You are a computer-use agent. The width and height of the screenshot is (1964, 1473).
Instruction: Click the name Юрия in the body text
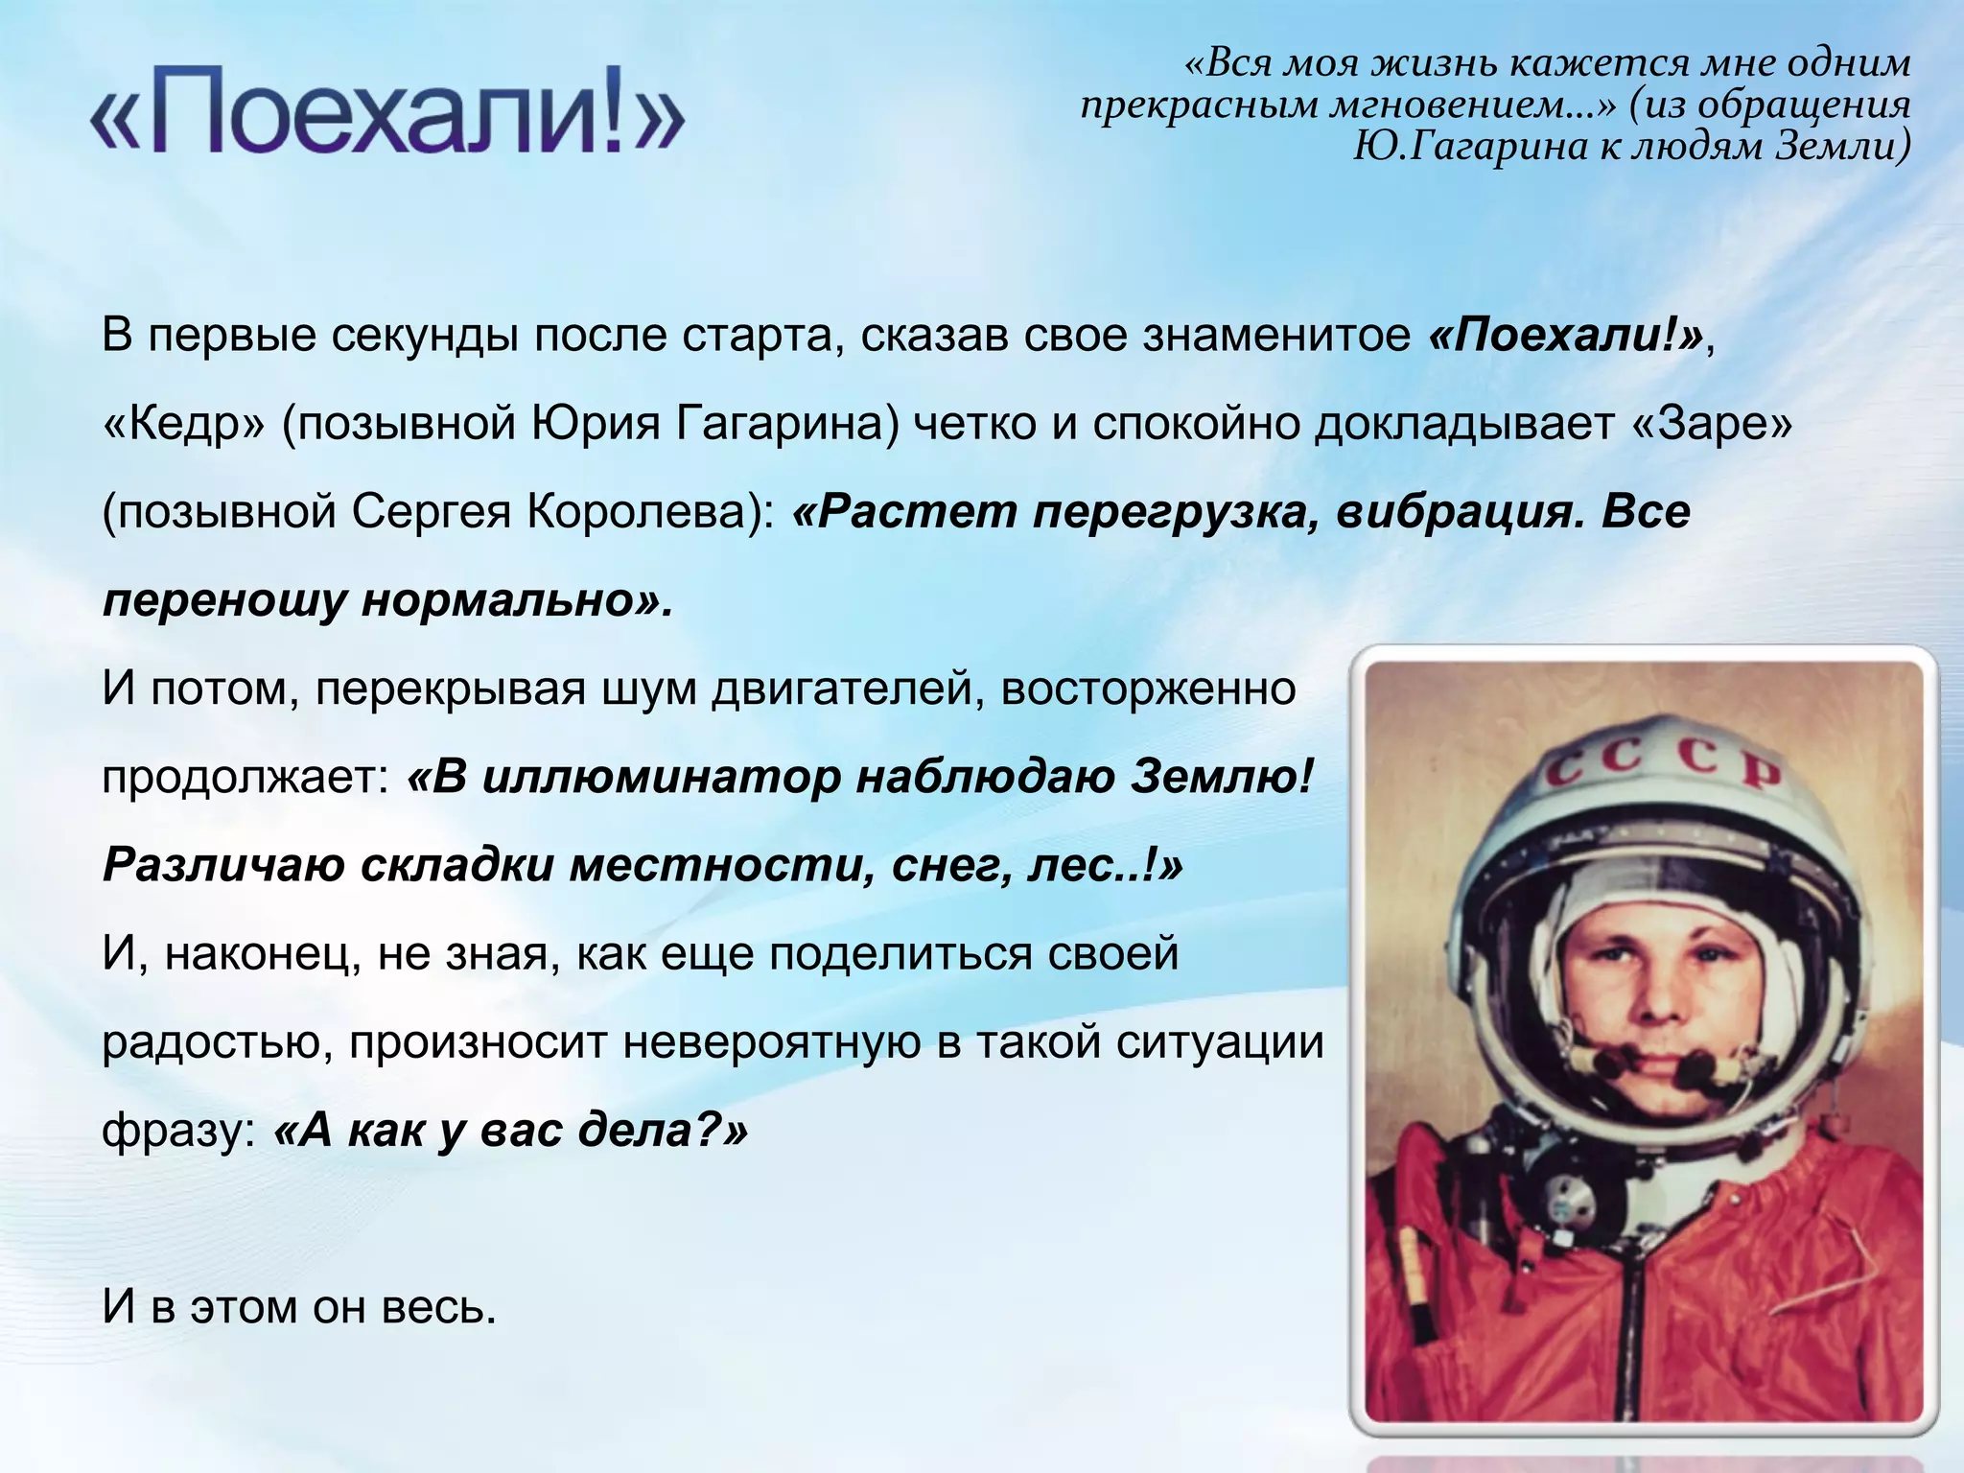tap(596, 423)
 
